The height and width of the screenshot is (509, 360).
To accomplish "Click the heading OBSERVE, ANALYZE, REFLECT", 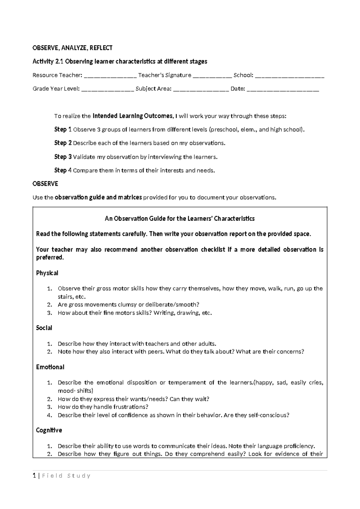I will click(72, 48).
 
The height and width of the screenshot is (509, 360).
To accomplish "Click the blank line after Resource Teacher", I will click(110, 76).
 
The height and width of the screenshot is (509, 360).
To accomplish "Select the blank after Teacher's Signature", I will click(212, 76).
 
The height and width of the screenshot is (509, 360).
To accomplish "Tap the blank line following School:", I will click(289, 76).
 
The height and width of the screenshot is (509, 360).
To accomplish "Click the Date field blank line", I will click(283, 89).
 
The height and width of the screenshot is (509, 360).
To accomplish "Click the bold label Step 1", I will click(63, 130).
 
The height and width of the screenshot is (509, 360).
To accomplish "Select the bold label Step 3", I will click(63, 157).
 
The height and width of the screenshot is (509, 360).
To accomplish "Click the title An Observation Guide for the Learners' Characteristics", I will click(179, 218).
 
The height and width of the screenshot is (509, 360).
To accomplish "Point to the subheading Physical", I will click(47, 273).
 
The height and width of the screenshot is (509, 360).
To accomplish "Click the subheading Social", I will click(44, 328).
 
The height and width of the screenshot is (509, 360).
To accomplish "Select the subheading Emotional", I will click(50, 367).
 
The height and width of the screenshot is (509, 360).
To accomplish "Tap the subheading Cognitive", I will click(49, 430).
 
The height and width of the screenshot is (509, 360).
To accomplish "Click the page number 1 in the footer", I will click(34, 476).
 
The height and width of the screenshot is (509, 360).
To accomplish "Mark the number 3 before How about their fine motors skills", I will click(49, 313).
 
